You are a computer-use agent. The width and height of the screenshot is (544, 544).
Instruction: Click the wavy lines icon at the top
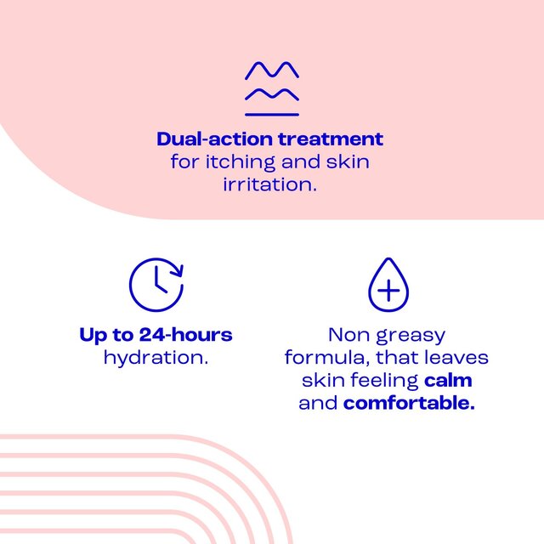pyautogui.click(x=272, y=88)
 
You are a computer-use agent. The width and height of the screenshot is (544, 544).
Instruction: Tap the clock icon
pyautogui.click(x=156, y=285)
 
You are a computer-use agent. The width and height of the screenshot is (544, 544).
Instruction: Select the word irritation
pyautogui.click(x=272, y=184)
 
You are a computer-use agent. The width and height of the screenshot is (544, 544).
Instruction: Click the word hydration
pyautogui.click(x=156, y=358)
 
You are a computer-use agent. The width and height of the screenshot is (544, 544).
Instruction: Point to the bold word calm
pyautogui.click(x=448, y=380)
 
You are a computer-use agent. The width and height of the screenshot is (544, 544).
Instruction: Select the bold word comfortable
pyautogui.click(x=409, y=403)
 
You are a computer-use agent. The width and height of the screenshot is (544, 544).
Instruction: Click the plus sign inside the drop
pyautogui.click(x=388, y=292)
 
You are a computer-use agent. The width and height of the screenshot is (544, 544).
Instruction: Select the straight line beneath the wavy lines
pyautogui.click(x=272, y=114)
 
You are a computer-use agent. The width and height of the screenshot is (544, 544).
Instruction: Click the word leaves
pyautogui.click(x=459, y=358)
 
